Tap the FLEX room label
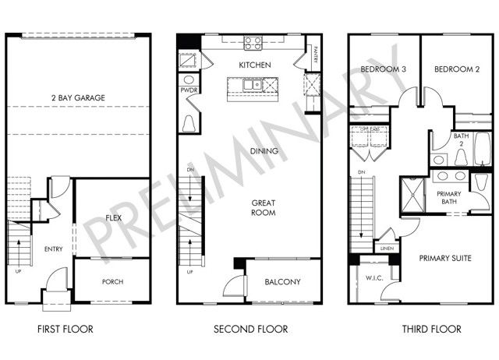click(x=113, y=219)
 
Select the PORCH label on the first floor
click(x=112, y=282)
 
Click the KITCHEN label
click(x=254, y=65)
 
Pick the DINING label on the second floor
click(x=264, y=151)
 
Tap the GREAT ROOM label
click(x=264, y=207)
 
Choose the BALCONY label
click(x=282, y=282)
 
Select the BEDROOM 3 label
click(x=384, y=69)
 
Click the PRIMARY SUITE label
click(x=446, y=258)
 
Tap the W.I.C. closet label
click(x=372, y=278)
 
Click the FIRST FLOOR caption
click(x=65, y=329)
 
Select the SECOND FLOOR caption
click(x=250, y=329)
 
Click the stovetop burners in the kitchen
click(x=253, y=44)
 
